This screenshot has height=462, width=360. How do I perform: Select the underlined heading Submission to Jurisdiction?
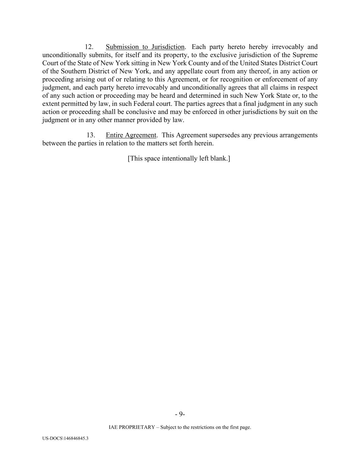[x=145, y=47]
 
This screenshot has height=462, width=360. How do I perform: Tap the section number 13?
[x=90, y=135]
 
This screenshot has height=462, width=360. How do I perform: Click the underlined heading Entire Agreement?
[x=131, y=135]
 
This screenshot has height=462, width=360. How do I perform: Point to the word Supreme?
[x=305, y=55]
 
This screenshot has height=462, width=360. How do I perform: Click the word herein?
[x=204, y=144]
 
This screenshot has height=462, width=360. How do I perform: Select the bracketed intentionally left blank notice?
[x=179, y=159]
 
